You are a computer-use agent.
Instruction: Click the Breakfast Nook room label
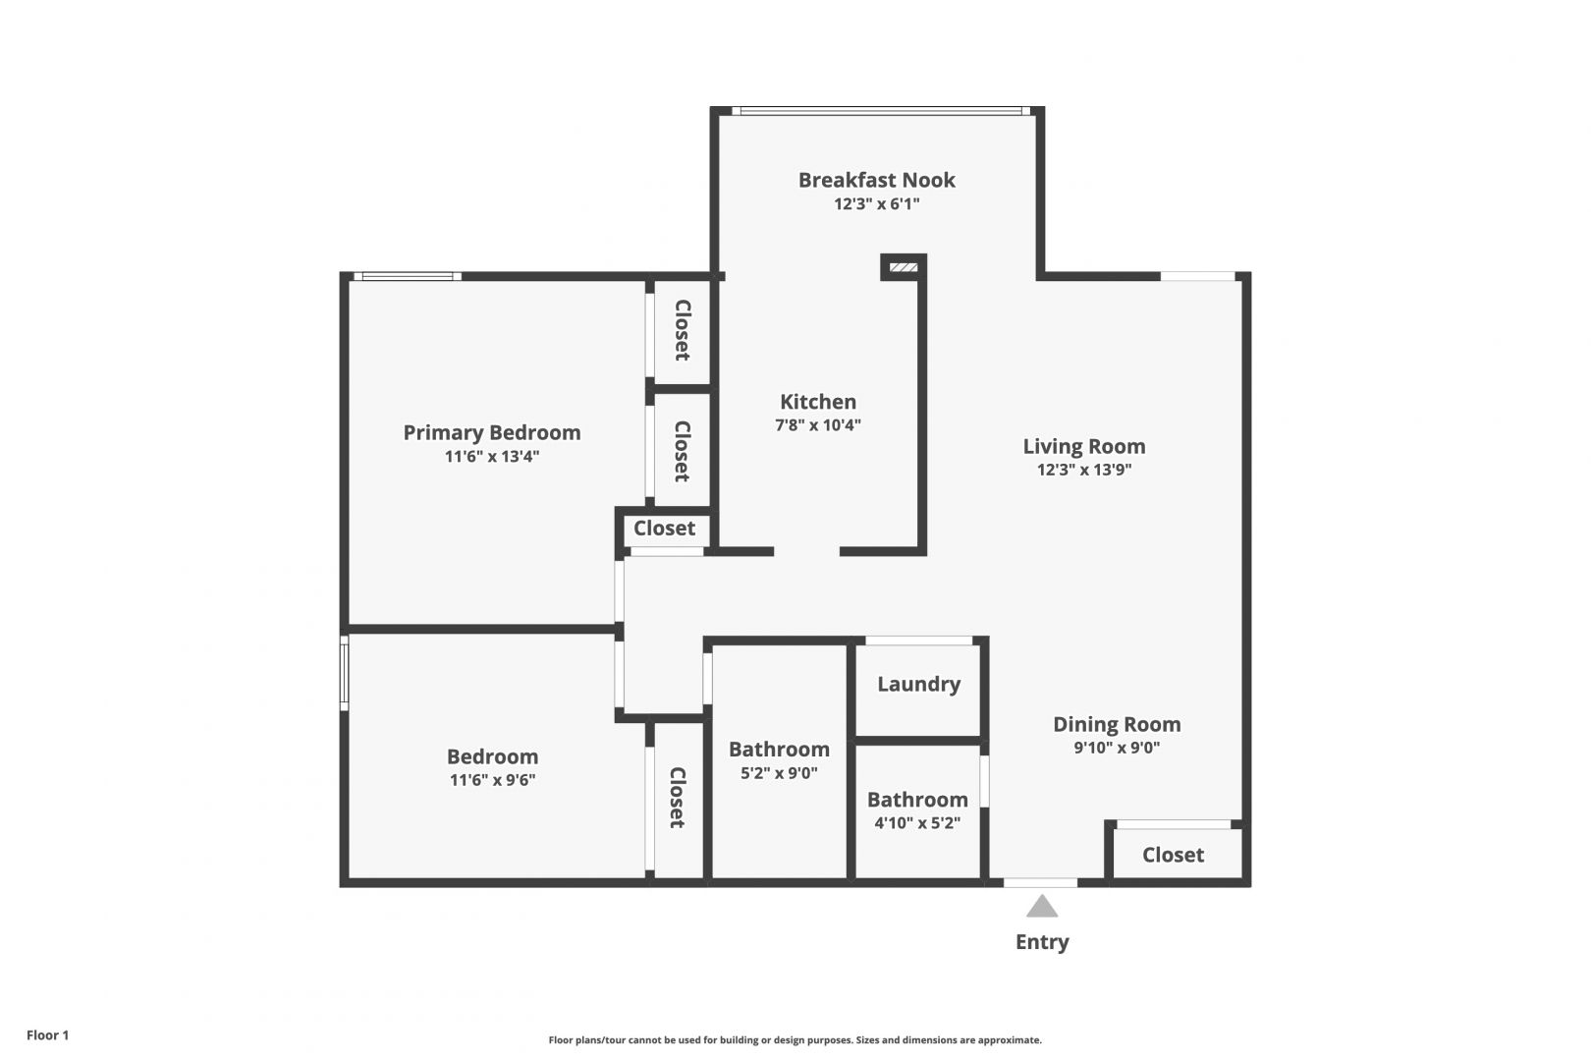[x=876, y=180]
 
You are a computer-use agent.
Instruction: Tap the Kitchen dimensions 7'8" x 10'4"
[x=817, y=425]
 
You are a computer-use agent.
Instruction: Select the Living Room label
[x=1084, y=446]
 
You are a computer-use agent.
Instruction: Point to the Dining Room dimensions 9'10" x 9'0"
[x=1117, y=747]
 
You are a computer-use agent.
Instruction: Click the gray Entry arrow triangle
[x=1042, y=906]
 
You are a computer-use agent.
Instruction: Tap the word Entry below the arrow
[x=1042, y=942]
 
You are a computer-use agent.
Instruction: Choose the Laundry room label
[x=918, y=684]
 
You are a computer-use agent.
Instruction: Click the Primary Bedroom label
[x=491, y=433]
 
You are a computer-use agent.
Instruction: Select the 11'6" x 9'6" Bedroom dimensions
[x=492, y=780]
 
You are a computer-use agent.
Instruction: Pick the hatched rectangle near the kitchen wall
[x=904, y=267]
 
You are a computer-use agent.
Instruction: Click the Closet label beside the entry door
[x=1173, y=854]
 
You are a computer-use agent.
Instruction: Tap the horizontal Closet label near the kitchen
[x=664, y=528]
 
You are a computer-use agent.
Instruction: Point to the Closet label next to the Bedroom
[x=677, y=798]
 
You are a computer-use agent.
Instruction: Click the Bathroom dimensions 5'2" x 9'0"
[x=779, y=772]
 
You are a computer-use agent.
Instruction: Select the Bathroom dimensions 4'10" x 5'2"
[x=917, y=823]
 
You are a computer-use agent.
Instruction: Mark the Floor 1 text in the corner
[x=47, y=1034]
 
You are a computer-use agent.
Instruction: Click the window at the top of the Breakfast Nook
[x=881, y=111]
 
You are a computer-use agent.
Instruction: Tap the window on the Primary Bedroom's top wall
[x=408, y=276]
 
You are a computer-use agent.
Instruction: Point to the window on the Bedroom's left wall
[x=345, y=673]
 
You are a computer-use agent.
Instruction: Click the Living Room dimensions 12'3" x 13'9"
[x=1084, y=469]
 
